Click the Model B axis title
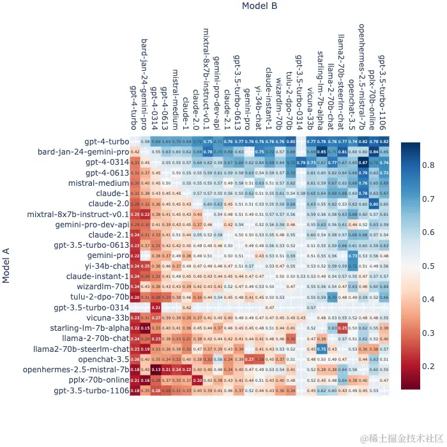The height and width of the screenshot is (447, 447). pos(260,6)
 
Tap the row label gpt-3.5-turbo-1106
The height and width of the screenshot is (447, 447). pos(90,390)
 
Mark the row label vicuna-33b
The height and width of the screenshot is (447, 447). pos(107,317)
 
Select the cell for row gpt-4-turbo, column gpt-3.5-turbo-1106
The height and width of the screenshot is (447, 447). pos(384,141)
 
